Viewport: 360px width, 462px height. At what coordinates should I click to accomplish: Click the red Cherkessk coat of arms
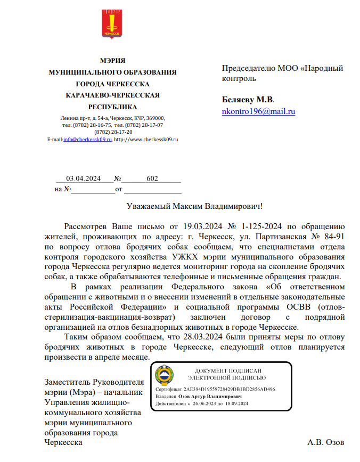[x=112, y=24]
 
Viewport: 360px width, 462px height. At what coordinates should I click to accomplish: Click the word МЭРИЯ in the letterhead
[x=112, y=60]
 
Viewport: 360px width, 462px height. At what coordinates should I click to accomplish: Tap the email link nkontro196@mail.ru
[x=258, y=111]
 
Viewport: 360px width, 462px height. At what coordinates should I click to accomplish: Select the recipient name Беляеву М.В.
[x=248, y=100]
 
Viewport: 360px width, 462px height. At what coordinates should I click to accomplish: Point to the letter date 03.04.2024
[x=83, y=179]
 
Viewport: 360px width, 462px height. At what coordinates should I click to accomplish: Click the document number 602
[x=152, y=179]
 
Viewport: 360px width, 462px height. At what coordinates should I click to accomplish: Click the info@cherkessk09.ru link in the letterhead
[x=87, y=139]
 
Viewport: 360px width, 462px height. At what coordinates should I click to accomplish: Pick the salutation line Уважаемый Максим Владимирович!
[x=195, y=205]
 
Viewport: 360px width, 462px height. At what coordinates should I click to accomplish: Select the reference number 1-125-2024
[x=261, y=226]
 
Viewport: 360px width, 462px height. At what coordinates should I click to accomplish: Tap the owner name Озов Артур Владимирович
[x=210, y=397]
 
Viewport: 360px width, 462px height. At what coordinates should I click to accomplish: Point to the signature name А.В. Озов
[x=326, y=442]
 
